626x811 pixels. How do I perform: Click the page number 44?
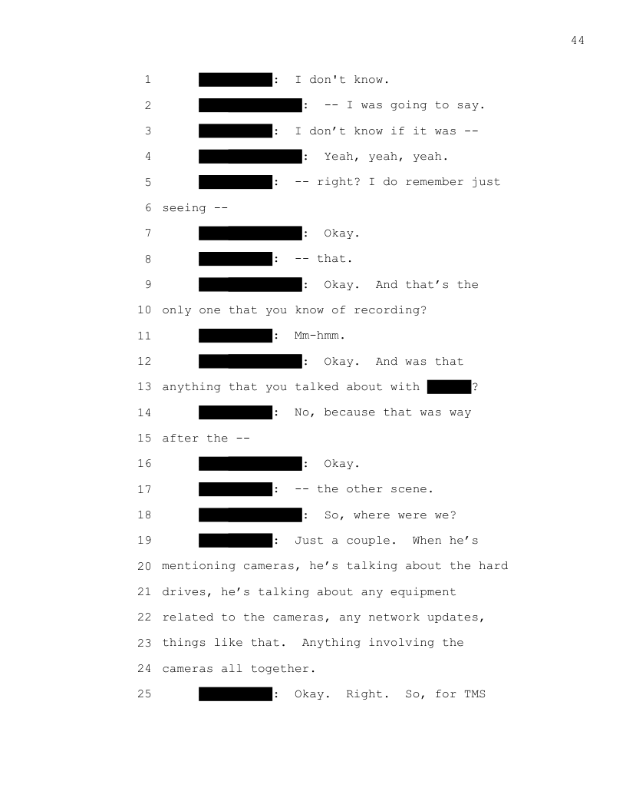tap(578, 41)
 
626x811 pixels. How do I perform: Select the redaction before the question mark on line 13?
tap(449, 387)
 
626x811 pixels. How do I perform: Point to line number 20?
tap(146, 566)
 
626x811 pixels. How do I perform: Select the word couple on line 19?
tap(368, 541)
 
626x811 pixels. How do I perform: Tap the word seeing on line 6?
tap(183, 208)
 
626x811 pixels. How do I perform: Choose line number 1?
tap(147, 80)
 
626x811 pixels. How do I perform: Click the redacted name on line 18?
tap(250, 515)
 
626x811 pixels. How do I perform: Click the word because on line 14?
tap(349, 412)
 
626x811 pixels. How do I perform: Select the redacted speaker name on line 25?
tap(236, 694)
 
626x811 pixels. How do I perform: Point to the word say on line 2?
tap(472, 105)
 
